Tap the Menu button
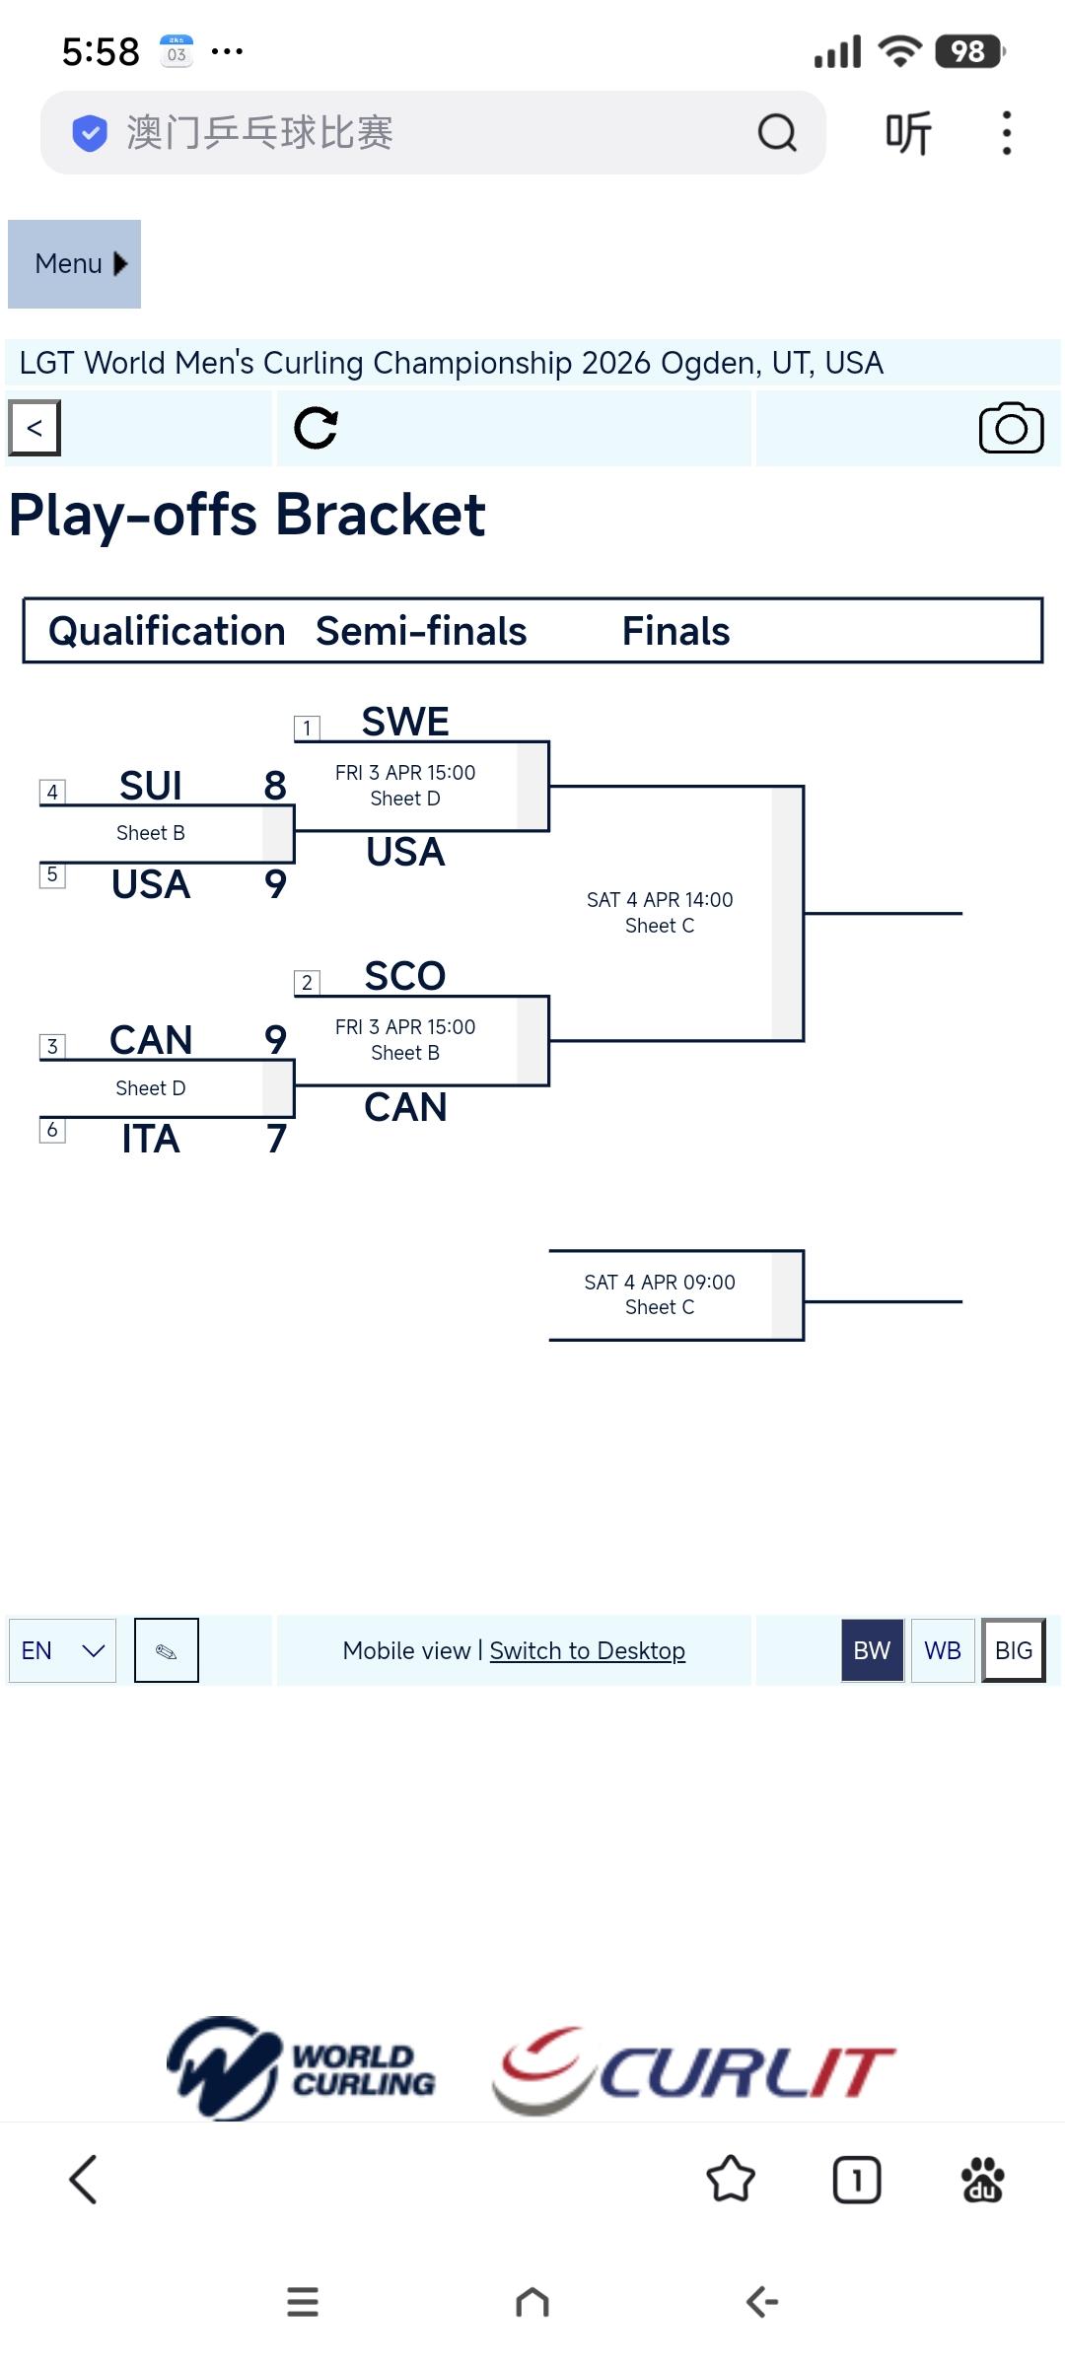click(74, 264)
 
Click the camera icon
click(1011, 428)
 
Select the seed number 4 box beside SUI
click(52, 792)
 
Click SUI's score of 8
click(275, 786)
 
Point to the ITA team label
click(151, 1139)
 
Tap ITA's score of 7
click(276, 1139)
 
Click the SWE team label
click(405, 722)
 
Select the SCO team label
click(405, 976)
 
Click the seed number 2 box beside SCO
click(307, 982)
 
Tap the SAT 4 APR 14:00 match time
click(660, 900)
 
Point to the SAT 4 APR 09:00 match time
click(660, 1282)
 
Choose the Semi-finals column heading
click(421, 631)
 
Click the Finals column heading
click(675, 631)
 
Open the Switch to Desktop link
click(587, 1650)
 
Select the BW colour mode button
click(872, 1650)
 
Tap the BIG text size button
click(1013, 1650)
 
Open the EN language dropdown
click(62, 1650)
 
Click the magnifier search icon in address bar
click(777, 132)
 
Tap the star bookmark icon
click(731, 2179)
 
